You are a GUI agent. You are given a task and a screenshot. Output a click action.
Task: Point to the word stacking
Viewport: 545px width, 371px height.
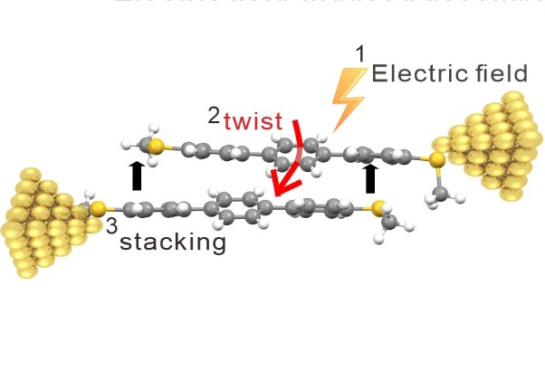(x=172, y=242)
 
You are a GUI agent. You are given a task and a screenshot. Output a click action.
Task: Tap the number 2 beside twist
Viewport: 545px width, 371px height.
(x=215, y=115)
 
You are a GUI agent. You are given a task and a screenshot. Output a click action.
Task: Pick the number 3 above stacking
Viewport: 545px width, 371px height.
(x=111, y=225)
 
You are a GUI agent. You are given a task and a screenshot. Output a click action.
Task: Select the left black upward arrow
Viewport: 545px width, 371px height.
(x=137, y=175)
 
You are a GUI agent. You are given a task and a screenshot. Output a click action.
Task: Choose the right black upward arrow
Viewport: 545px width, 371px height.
(x=369, y=177)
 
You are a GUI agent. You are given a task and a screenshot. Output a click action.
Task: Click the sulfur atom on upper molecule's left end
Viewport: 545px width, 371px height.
(x=157, y=145)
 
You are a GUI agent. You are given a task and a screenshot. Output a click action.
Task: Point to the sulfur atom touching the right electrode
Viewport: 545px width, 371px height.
(x=437, y=161)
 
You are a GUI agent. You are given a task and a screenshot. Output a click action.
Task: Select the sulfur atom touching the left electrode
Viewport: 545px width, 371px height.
(x=97, y=209)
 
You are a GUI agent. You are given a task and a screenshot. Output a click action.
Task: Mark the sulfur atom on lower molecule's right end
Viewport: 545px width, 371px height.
(x=378, y=209)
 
